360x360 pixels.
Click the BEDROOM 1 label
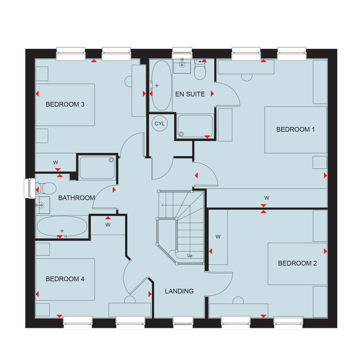tap(295, 129)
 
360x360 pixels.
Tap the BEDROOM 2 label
tap(297, 263)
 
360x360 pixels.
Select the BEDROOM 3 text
tap(65, 105)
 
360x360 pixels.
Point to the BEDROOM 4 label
tap(65, 279)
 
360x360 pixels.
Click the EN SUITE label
tap(190, 94)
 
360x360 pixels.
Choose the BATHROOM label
tap(77, 198)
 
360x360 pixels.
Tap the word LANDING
tap(179, 291)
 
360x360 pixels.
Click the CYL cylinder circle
tap(160, 124)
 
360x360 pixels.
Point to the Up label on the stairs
tap(189, 255)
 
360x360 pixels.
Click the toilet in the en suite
tap(200, 69)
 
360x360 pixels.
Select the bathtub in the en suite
tap(162, 85)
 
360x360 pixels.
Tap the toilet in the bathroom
tap(46, 189)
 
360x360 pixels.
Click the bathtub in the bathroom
tap(62, 226)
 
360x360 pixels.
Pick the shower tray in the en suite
tap(195, 126)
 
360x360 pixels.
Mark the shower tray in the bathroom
tap(97, 168)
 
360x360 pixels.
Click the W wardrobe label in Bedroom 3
tap(55, 162)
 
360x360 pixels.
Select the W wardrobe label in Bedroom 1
tap(267, 198)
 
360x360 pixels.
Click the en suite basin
tap(182, 66)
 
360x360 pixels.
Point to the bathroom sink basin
tap(43, 205)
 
